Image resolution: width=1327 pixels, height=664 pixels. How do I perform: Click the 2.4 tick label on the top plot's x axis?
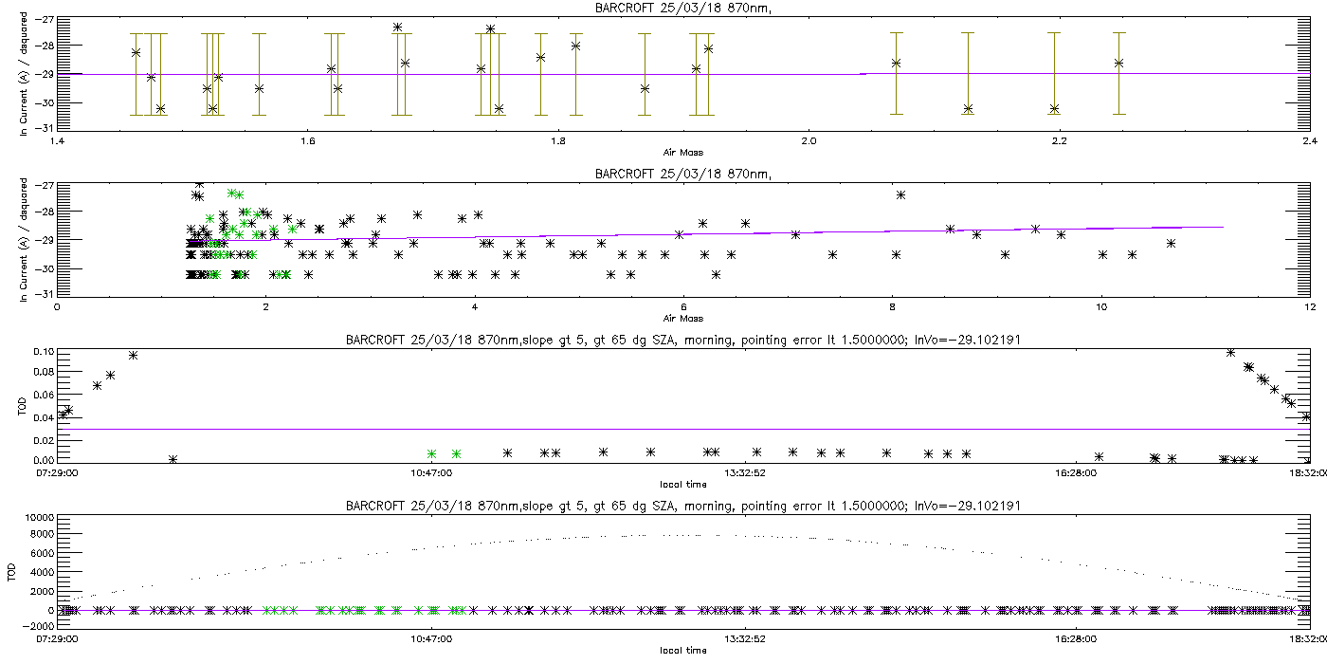(x=1309, y=142)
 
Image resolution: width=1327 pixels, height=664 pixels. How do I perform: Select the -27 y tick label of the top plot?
(x=43, y=19)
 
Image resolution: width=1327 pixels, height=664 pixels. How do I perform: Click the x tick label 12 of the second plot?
(x=1309, y=307)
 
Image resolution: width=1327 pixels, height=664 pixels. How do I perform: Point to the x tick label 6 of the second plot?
(x=683, y=307)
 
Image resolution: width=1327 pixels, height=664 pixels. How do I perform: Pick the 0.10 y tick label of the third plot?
(x=42, y=351)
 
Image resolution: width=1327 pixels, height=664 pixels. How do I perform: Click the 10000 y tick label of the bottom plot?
(x=38, y=518)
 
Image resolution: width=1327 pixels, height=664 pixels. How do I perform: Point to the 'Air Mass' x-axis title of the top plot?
(x=682, y=153)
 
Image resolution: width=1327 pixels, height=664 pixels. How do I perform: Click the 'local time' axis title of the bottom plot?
(x=682, y=650)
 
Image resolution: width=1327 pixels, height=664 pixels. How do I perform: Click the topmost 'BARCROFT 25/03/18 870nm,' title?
(x=682, y=9)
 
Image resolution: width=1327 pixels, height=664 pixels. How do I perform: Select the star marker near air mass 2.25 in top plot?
(x=1118, y=63)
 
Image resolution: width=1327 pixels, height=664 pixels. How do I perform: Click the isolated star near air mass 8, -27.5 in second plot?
(x=900, y=194)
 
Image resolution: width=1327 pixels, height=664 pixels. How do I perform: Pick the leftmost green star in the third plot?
(x=431, y=453)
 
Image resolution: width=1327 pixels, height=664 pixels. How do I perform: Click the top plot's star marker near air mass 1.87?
(x=645, y=88)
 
